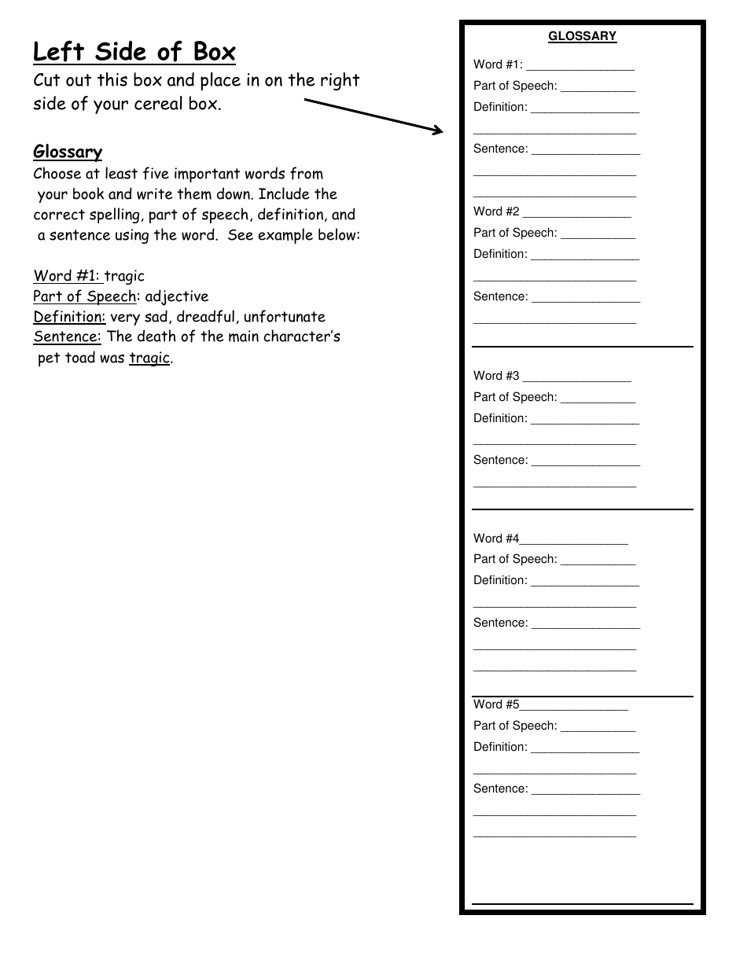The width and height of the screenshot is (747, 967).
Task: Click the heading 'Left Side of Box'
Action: point(134,52)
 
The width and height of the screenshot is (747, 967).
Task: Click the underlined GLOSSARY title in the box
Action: point(582,36)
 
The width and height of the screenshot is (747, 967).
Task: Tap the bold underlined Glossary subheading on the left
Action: point(68,152)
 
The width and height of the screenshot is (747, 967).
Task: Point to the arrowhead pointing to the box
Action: point(437,131)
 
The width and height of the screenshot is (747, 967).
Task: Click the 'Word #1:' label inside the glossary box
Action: point(498,64)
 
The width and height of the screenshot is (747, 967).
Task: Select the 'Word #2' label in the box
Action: point(496,211)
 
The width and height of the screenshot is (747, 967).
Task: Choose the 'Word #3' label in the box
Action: point(496,376)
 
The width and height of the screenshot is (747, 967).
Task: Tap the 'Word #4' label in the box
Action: point(496,539)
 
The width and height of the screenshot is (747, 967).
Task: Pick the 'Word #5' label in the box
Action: point(496,704)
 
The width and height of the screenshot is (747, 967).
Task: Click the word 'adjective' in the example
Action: point(177,296)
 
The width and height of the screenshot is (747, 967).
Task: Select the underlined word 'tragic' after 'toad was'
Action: point(149,358)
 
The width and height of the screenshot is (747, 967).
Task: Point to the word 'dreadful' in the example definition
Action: point(207,317)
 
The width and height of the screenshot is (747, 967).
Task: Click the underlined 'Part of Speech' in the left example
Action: point(84,296)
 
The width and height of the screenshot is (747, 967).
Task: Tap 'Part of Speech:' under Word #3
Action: point(515,397)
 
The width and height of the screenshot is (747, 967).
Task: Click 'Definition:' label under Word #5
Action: point(500,747)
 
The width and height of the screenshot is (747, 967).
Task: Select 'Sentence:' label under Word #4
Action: point(500,623)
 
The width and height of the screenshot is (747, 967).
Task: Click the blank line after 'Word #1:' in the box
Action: point(580,66)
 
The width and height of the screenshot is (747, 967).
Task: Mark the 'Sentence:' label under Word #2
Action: point(500,296)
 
